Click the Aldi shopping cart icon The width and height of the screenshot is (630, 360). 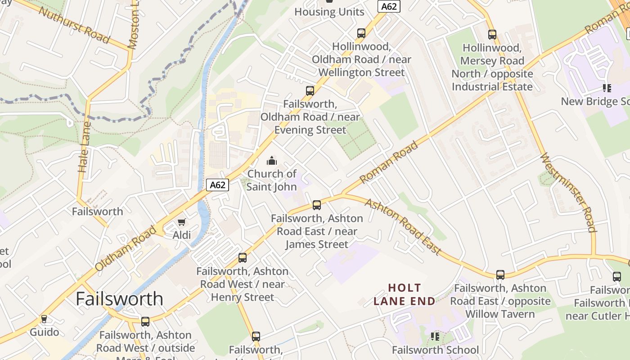pyautogui.click(x=181, y=222)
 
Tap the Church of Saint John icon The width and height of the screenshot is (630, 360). pyautogui.click(x=272, y=161)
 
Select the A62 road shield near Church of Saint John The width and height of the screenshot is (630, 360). pyautogui.click(x=218, y=185)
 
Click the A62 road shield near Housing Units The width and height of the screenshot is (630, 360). pyautogui.click(x=388, y=6)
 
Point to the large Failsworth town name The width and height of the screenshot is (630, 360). pyautogui.click(x=119, y=299)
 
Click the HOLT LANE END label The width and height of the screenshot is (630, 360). pyautogui.click(x=405, y=294)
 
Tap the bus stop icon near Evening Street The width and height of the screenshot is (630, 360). pyautogui.click(x=310, y=91)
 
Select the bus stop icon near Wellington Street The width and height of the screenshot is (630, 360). pyautogui.click(x=361, y=33)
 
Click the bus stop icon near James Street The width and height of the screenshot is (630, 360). pyautogui.click(x=317, y=205)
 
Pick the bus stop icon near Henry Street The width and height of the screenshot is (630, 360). pyautogui.click(x=243, y=258)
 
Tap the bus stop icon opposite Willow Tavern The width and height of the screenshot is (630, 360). pyautogui.click(x=500, y=275)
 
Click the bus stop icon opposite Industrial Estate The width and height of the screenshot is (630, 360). pyautogui.click(x=492, y=35)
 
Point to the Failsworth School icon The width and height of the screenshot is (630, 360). pyautogui.click(x=435, y=337)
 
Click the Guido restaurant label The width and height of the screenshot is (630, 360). pyautogui.click(x=45, y=332)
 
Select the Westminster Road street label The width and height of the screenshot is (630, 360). pyautogui.click(x=568, y=193)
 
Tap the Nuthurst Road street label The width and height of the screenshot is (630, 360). pyautogui.click(x=74, y=25)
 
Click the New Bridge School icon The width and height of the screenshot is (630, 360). pyautogui.click(x=607, y=88)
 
